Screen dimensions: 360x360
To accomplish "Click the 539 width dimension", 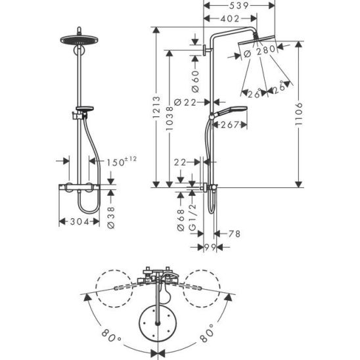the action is pyautogui.click(x=239, y=6).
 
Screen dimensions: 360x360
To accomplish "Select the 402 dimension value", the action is pyautogui.click(x=230, y=19).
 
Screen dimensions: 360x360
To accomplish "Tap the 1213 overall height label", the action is pyautogui.click(x=156, y=107).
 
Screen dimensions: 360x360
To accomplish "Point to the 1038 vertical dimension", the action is pyautogui.click(x=169, y=118).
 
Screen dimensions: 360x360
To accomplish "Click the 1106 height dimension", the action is pyautogui.click(x=299, y=114).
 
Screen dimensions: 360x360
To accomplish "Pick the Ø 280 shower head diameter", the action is pyautogui.click(x=259, y=51).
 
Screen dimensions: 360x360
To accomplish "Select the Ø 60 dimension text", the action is pyautogui.click(x=195, y=81).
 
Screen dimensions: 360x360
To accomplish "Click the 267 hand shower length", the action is pyautogui.click(x=229, y=125).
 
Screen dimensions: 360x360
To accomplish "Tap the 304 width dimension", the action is pyautogui.click(x=79, y=221).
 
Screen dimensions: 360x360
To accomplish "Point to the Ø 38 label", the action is pyautogui.click(x=111, y=217).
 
